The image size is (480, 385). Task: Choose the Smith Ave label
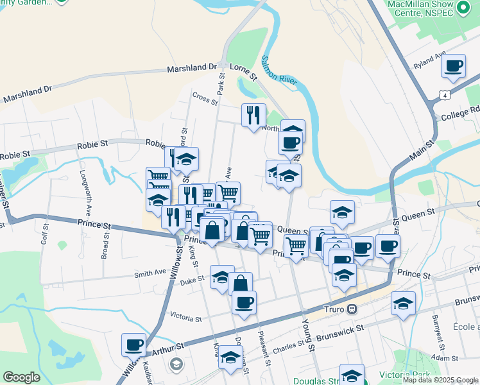pos(150,273)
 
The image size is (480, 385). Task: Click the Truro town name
pos(334,309)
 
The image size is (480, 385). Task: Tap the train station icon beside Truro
pos(352,309)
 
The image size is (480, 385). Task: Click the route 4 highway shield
pos(444,95)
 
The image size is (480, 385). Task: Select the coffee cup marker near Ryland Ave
pos(454,65)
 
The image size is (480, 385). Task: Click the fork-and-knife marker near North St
pos(253,114)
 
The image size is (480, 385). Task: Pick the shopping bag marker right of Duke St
pos(240,284)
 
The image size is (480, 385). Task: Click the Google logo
pos(21,377)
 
